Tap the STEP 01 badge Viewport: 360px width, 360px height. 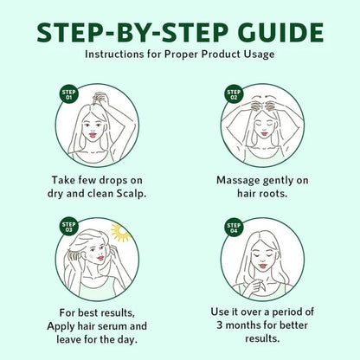click(x=69, y=95)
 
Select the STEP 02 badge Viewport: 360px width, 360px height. click(x=234, y=94)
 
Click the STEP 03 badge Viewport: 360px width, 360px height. click(x=69, y=227)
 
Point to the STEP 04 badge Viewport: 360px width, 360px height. click(x=234, y=228)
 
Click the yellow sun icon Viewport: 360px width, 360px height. click(x=120, y=233)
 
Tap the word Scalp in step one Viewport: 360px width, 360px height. click(x=131, y=194)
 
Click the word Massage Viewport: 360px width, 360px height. click(x=238, y=181)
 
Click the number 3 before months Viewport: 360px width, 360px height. click(x=220, y=325)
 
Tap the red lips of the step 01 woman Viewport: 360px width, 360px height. click(x=93, y=135)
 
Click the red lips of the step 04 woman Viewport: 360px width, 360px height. click(x=263, y=267)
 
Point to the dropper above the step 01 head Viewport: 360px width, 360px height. click(x=93, y=101)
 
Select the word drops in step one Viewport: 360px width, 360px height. click(x=113, y=181)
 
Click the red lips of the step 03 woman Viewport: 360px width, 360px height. click(x=100, y=258)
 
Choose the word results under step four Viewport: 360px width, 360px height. click(x=262, y=338)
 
